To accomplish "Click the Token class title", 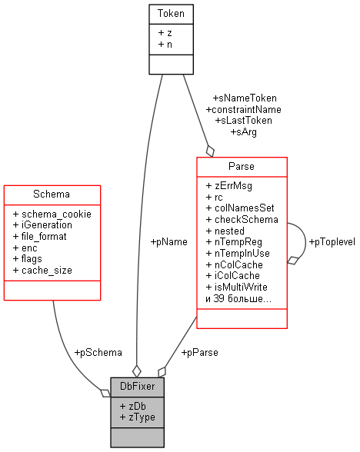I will coord(171,13).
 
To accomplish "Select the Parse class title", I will coord(242,166).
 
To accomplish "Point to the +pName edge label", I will coord(169,241).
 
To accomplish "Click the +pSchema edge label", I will coord(98,352).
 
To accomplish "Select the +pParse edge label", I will coord(199,352).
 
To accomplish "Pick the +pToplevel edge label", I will coord(331,241).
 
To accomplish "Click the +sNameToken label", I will coord(245,98).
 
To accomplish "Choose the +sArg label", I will coord(243,131).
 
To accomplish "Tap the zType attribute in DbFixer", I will coord(138,416).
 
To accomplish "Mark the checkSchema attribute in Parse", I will coord(242,219).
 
